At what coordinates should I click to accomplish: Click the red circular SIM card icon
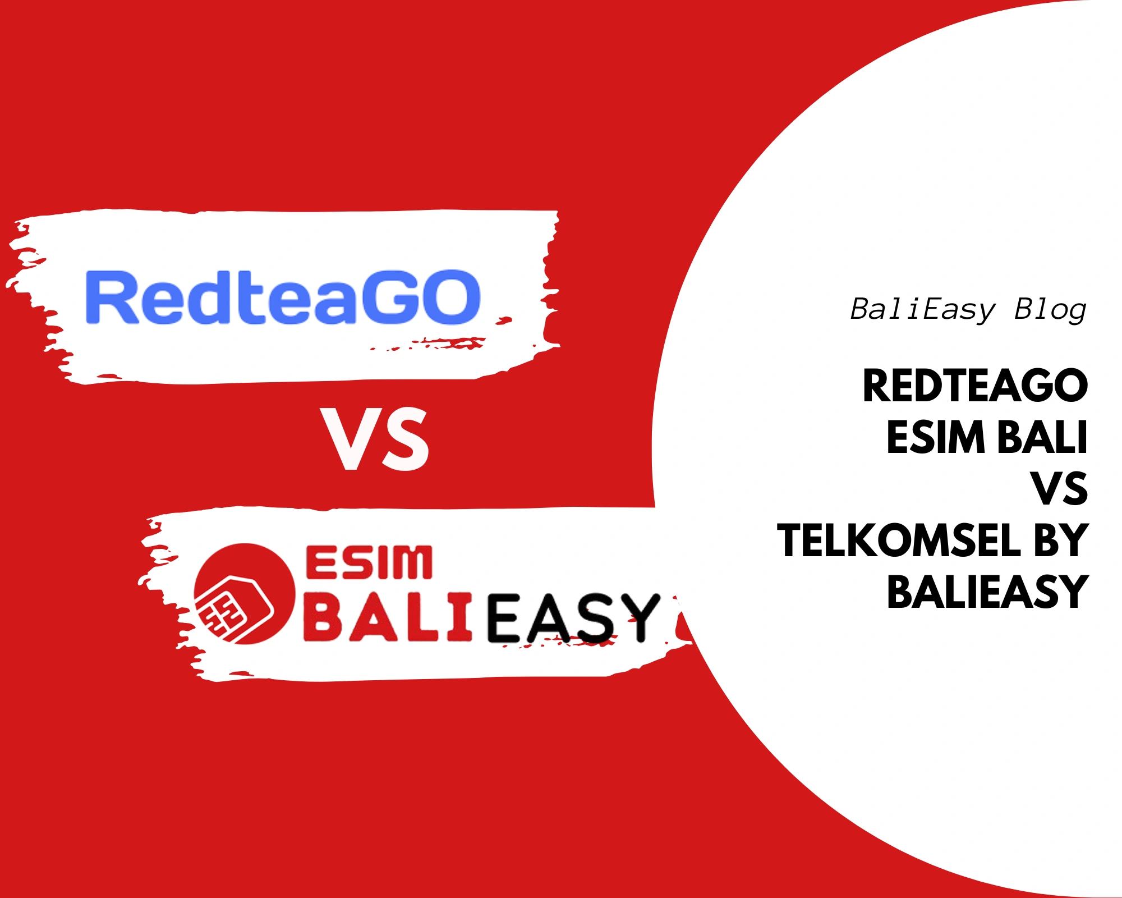click(x=244, y=593)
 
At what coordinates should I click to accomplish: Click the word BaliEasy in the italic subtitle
click(x=922, y=309)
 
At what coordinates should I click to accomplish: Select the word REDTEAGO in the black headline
click(x=975, y=386)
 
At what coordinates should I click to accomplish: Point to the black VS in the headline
click(x=1059, y=489)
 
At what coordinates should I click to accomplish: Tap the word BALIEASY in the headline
click(x=987, y=592)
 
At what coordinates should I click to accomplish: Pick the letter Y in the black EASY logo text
click(x=640, y=617)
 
